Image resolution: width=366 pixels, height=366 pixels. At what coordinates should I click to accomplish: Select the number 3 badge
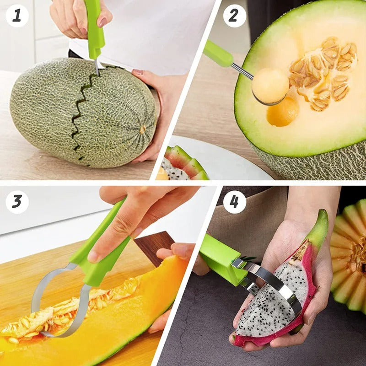[x=17, y=202]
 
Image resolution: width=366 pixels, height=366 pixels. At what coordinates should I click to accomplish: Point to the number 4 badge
[x=234, y=202]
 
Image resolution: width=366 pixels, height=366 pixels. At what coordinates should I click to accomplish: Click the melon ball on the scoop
[x=270, y=86]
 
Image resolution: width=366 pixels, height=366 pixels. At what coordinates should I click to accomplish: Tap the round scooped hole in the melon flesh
[x=282, y=112]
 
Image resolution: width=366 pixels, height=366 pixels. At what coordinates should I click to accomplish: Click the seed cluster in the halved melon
[x=323, y=73]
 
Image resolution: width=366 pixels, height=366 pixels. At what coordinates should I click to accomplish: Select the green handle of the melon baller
[x=218, y=54]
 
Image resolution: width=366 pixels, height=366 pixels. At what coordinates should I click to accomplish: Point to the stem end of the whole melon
[x=142, y=129]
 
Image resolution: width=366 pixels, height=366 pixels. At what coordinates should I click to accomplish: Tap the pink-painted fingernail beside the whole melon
[x=138, y=72]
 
